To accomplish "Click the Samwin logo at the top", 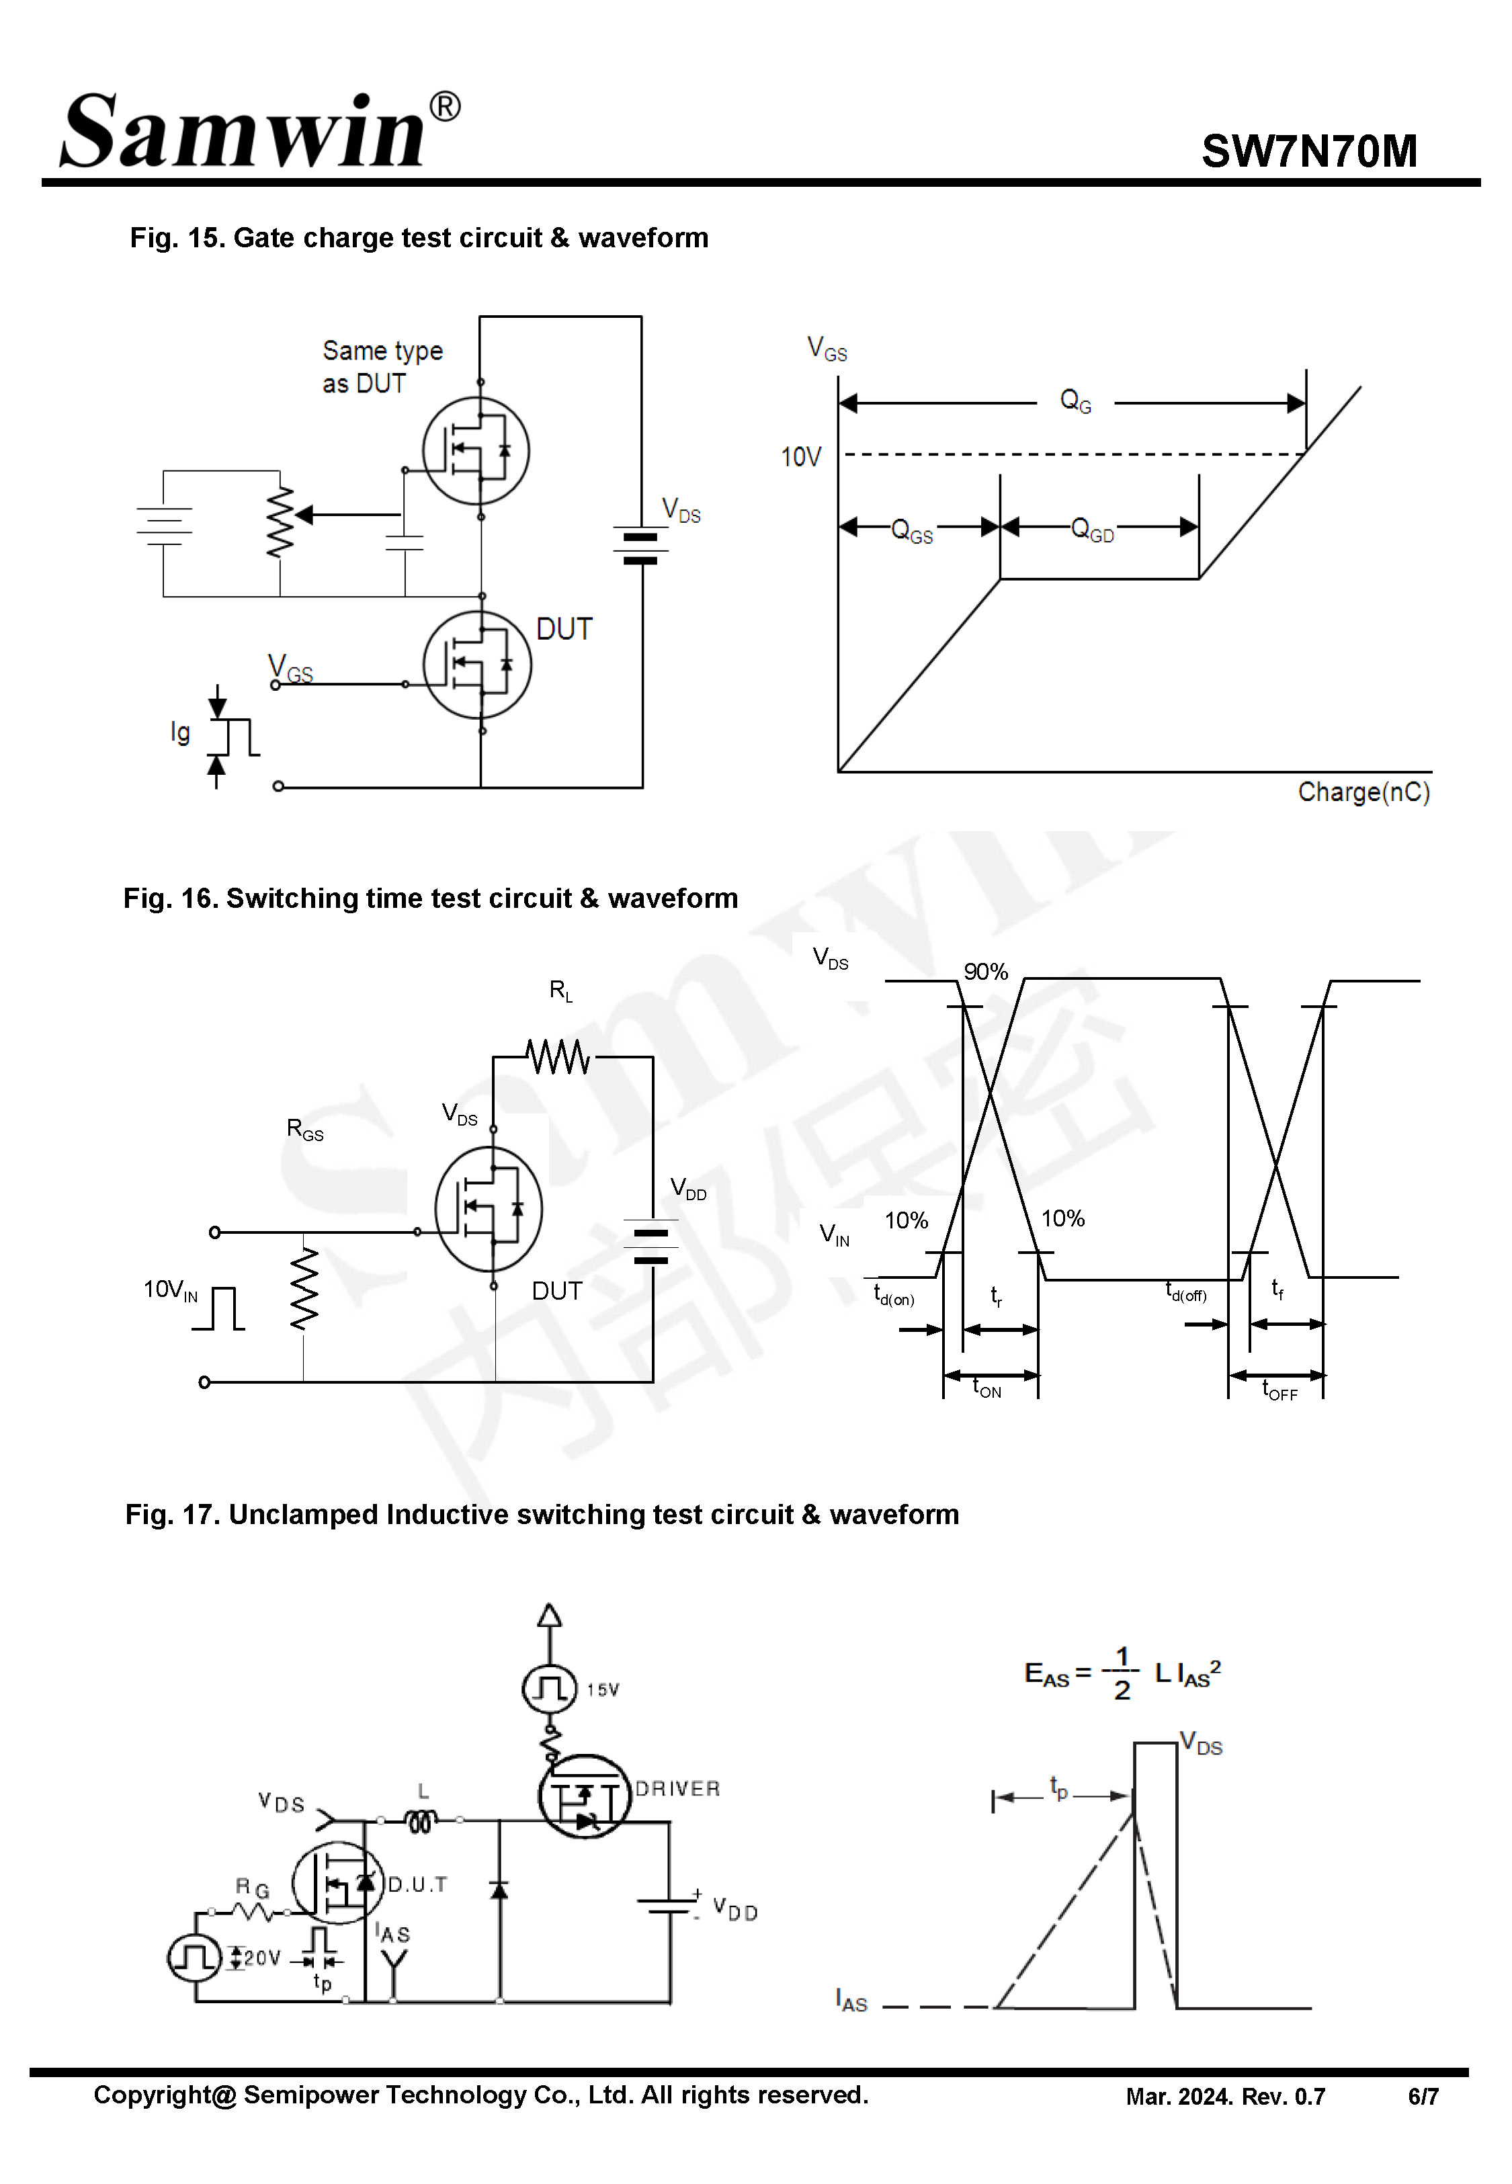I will (259, 132).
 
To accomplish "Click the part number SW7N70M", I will (1308, 151).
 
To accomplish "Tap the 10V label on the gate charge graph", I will (800, 458).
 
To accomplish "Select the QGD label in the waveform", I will (1091, 530).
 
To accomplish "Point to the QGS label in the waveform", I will (911, 532).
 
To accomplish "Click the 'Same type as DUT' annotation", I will (381, 366).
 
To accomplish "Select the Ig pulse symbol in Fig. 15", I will (234, 737).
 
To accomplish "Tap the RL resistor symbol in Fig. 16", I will (559, 1057).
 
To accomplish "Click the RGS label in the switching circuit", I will (304, 1130).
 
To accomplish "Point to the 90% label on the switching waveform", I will (985, 972).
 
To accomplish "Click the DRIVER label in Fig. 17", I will (677, 1788).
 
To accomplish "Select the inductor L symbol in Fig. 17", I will (421, 1820).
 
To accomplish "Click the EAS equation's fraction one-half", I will (1122, 1673).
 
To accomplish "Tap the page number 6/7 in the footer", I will (1423, 2097).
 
